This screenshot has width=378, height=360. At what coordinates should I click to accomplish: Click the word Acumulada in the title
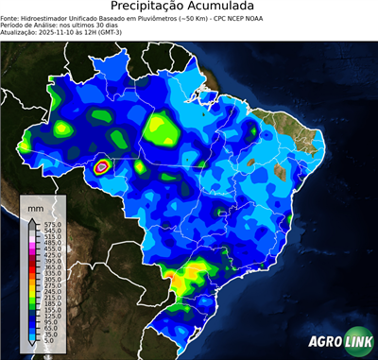(x=224, y=8)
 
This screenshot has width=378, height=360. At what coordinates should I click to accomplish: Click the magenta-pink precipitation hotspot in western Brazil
(x=102, y=167)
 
